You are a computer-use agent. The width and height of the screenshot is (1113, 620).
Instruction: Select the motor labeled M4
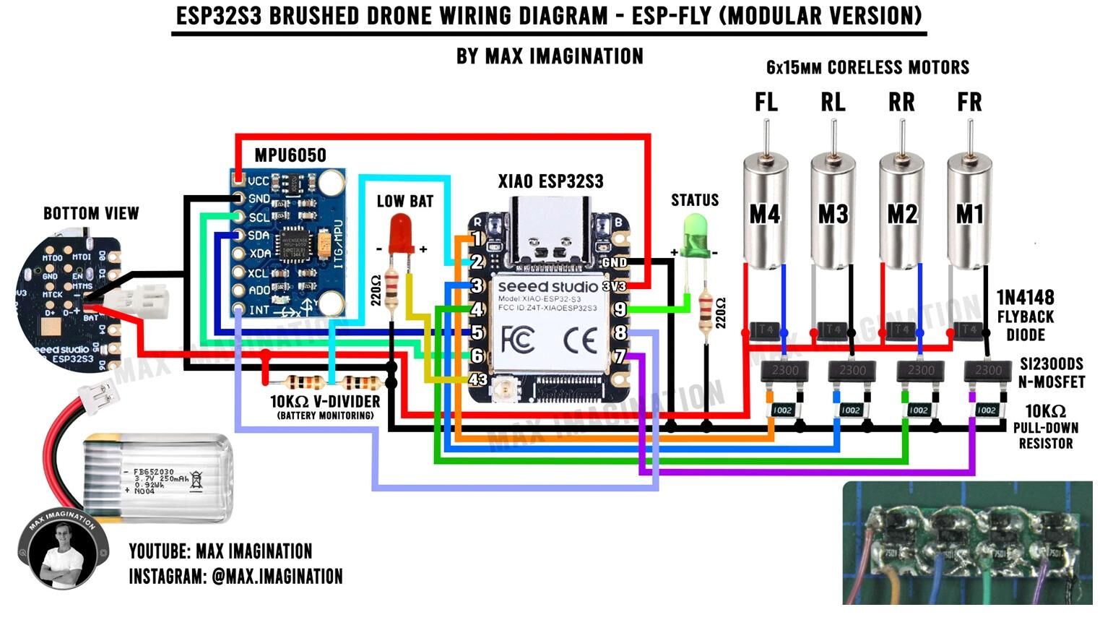click(765, 213)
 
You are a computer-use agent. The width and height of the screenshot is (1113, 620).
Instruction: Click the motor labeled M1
click(969, 213)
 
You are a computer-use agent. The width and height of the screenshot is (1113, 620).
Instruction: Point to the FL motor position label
click(766, 103)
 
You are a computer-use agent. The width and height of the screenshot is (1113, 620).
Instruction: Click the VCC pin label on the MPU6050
click(258, 181)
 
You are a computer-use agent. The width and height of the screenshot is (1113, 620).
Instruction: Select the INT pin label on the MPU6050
click(258, 309)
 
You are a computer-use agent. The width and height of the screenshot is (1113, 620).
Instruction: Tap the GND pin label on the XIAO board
click(615, 262)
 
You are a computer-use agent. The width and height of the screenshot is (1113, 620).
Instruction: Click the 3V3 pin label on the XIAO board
click(615, 286)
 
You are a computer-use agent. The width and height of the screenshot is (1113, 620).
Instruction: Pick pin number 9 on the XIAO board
click(620, 309)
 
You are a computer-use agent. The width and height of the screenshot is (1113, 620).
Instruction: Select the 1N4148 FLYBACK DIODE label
click(1025, 316)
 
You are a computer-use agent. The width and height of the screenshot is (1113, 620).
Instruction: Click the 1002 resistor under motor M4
click(783, 410)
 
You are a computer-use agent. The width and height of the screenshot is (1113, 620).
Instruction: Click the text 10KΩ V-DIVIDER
click(325, 401)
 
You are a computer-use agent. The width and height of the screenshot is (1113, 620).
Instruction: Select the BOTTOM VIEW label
click(91, 213)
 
